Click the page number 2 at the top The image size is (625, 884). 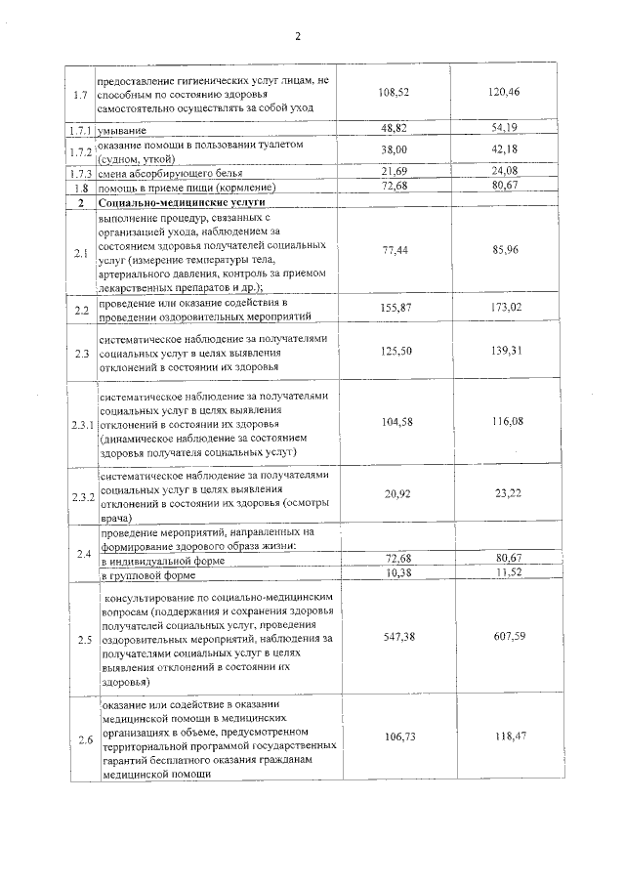[x=300, y=37]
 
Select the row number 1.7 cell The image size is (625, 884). [x=80, y=94]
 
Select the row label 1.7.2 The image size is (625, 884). [x=80, y=151]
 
